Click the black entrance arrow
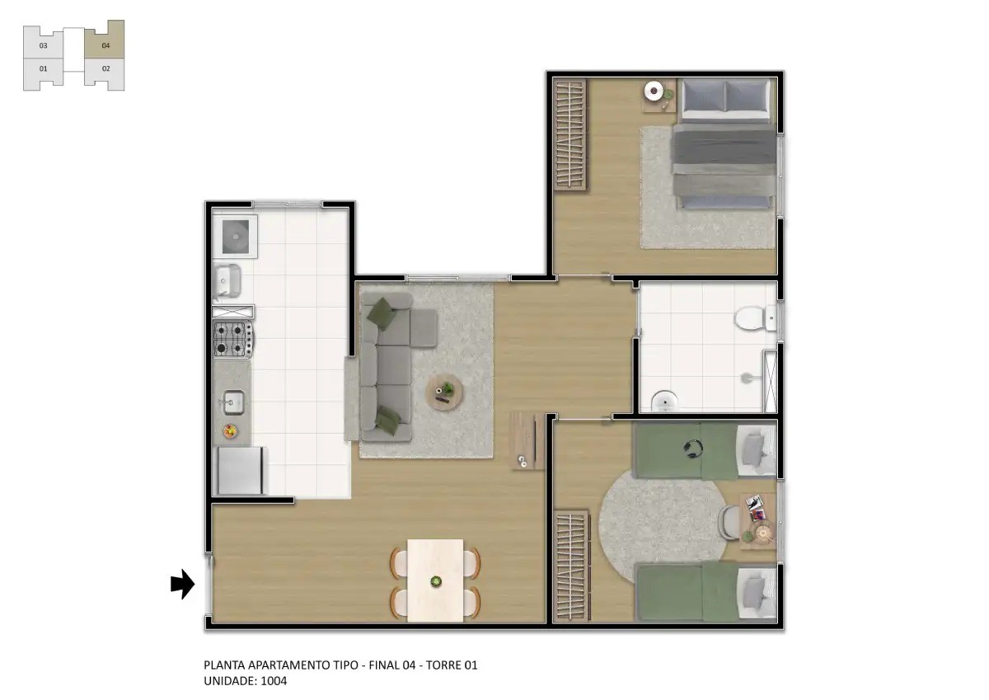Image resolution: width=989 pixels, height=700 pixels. click(182, 584)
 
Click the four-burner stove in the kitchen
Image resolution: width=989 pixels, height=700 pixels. click(233, 339)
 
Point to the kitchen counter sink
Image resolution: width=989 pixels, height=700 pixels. click(232, 402)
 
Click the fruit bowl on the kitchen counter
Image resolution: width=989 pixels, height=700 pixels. click(230, 430)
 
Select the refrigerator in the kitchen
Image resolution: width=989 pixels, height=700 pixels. click(240, 470)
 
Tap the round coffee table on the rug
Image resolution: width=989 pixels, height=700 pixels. click(444, 392)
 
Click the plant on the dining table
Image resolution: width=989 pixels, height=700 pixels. click(436, 581)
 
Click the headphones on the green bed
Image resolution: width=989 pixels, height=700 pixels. click(693, 448)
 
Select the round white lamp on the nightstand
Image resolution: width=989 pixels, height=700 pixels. click(654, 91)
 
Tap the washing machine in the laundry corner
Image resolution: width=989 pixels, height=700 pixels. click(235, 237)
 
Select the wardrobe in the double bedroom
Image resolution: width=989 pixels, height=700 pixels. click(570, 134)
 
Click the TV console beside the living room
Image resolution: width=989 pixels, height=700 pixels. click(527, 441)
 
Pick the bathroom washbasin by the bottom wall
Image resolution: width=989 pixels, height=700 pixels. click(664, 401)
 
